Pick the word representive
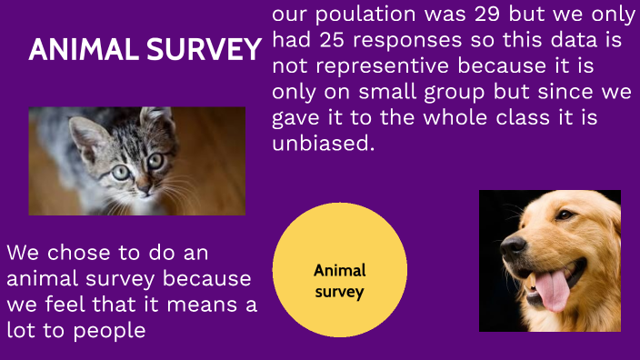378,67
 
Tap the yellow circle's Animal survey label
339,281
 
